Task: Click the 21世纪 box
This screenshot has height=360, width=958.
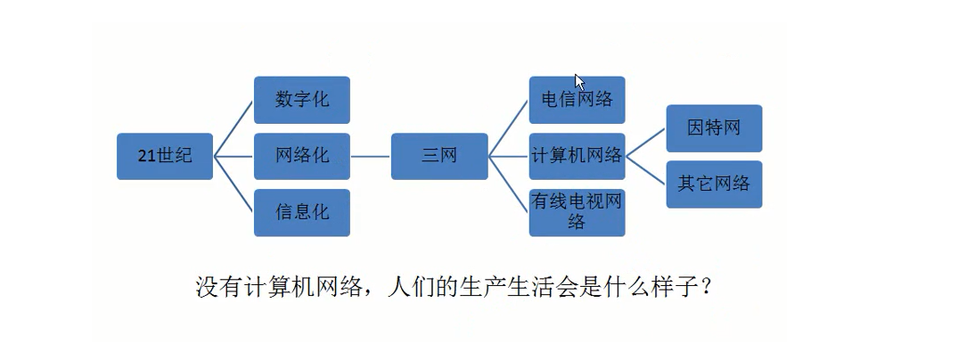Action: tap(165, 156)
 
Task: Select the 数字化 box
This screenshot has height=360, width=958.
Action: tap(301, 99)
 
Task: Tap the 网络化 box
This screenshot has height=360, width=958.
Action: tap(301, 156)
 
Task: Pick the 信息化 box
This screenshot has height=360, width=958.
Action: tap(301, 212)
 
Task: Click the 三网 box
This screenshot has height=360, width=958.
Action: tap(439, 156)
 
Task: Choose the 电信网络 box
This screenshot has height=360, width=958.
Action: tap(577, 99)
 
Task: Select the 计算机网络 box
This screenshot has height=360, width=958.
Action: tap(577, 156)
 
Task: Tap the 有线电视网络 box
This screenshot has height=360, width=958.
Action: tap(577, 212)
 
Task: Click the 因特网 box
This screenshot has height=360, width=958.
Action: tap(714, 127)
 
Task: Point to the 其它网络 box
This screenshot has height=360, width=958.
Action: tap(714, 184)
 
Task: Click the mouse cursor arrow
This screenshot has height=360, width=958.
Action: tap(579, 81)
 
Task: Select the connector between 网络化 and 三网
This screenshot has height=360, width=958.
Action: tap(370, 156)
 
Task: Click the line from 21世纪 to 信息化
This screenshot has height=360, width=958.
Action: tap(236, 188)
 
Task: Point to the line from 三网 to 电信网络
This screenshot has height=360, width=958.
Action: tap(510, 125)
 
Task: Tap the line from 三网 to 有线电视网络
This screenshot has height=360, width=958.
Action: tap(510, 187)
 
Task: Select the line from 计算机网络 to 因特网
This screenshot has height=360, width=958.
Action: tap(647, 141)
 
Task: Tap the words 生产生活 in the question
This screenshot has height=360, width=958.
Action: tap(512, 288)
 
